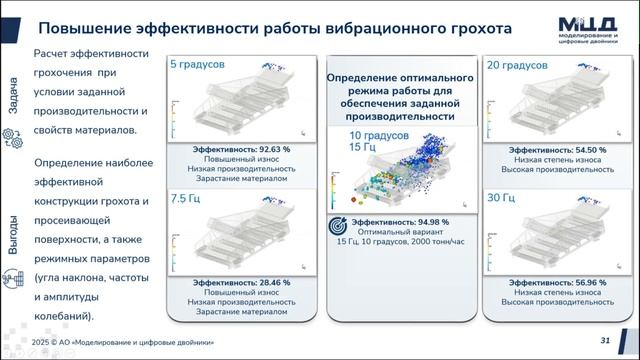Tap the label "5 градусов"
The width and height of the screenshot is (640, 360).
(x=197, y=64)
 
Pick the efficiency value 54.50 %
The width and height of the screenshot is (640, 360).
(x=578, y=148)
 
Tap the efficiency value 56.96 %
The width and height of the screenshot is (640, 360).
(x=578, y=283)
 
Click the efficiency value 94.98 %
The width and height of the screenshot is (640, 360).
(x=424, y=222)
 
